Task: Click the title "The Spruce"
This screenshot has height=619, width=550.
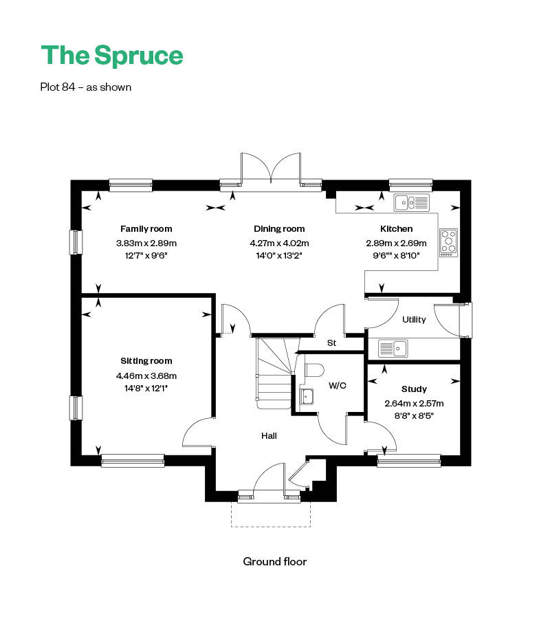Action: pyautogui.click(x=112, y=55)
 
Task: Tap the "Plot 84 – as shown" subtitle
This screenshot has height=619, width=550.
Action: pyautogui.click(x=86, y=87)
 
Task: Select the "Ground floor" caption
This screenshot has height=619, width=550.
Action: pyautogui.click(x=274, y=561)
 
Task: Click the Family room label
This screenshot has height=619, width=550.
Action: pyautogui.click(x=146, y=228)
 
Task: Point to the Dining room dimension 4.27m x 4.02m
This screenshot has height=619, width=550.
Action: pyautogui.click(x=279, y=243)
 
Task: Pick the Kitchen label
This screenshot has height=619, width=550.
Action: pyautogui.click(x=396, y=228)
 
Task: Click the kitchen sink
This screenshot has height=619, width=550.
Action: pyautogui.click(x=412, y=203)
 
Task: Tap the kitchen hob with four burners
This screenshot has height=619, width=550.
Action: pyautogui.click(x=449, y=243)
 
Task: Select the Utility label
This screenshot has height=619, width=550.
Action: pyautogui.click(x=414, y=319)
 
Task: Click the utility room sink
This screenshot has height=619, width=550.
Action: pyautogui.click(x=393, y=348)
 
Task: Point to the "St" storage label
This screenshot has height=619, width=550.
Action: pyautogui.click(x=331, y=343)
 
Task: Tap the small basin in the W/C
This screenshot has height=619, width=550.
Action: pyautogui.click(x=307, y=396)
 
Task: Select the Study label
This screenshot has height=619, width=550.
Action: pyautogui.click(x=414, y=389)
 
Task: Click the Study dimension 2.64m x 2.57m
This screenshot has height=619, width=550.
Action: pyautogui.click(x=414, y=404)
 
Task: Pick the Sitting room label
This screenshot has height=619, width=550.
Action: pyautogui.click(x=146, y=361)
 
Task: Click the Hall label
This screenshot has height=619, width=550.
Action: pyautogui.click(x=269, y=436)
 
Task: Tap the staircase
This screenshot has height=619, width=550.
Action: pyautogui.click(x=275, y=373)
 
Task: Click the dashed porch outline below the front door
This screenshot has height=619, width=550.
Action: pyautogui.click(x=271, y=527)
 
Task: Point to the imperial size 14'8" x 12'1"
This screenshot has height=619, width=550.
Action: pyautogui.click(x=146, y=389)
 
